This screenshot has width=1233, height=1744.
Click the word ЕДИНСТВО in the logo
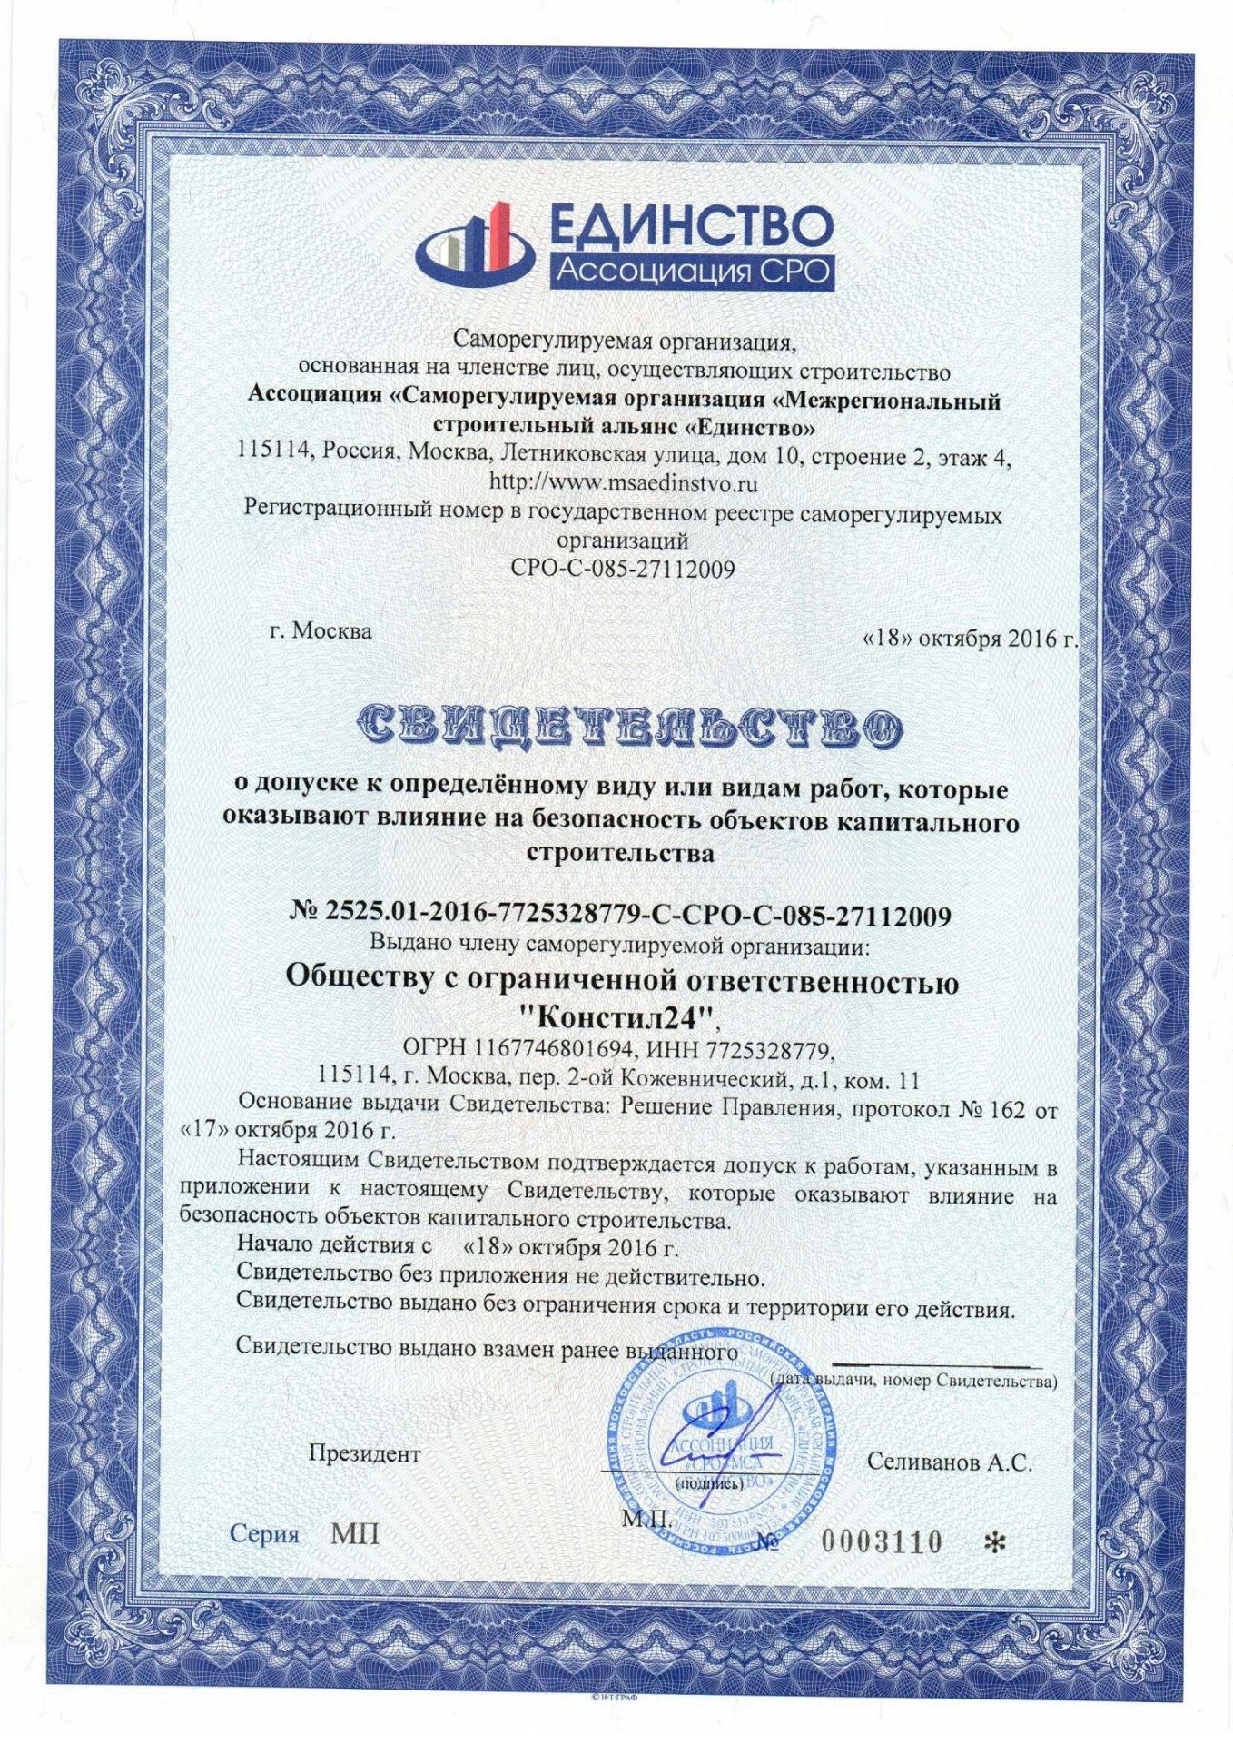[x=690, y=228]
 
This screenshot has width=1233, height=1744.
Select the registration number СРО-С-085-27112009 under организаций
[x=623, y=569]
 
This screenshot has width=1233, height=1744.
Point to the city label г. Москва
[x=321, y=630]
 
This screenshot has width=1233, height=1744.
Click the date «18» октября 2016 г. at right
[x=969, y=639]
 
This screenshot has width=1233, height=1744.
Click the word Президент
[x=364, y=1453]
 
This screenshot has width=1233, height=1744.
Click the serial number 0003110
[x=882, y=1541]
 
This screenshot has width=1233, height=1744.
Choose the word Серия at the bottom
[x=264, y=1534]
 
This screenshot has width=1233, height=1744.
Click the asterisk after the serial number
[x=989, y=1541]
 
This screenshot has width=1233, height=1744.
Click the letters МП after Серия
[x=355, y=1534]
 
